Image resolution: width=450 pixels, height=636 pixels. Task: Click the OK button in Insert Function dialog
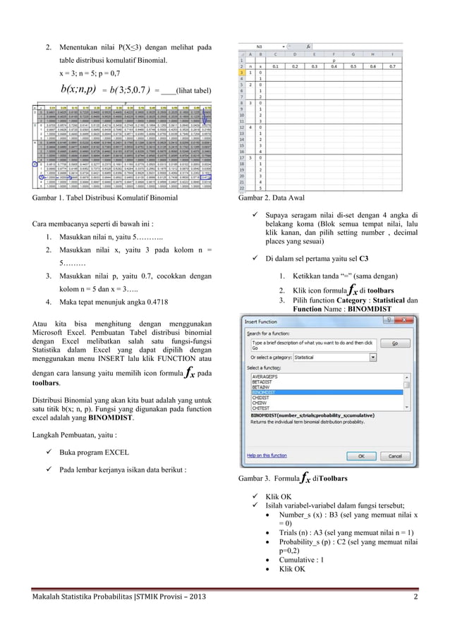coord(360,455)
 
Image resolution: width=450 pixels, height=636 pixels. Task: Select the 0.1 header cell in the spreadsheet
coord(276,66)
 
